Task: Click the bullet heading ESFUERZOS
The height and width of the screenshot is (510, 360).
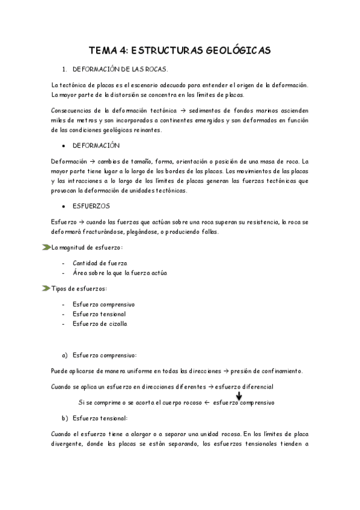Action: (x=91, y=206)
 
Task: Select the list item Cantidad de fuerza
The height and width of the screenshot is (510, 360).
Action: (x=100, y=263)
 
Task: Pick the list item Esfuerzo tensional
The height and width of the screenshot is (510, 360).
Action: (x=99, y=314)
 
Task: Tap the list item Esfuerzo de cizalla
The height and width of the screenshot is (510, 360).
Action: (x=100, y=324)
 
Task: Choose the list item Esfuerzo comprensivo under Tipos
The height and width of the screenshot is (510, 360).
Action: (x=103, y=304)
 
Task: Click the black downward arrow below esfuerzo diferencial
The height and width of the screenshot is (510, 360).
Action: (x=239, y=396)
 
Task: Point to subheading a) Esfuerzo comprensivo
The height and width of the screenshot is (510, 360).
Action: (x=99, y=355)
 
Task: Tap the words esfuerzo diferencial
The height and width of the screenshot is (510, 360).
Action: (x=243, y=386)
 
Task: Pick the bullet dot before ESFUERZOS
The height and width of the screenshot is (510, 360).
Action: (x=63, y=206)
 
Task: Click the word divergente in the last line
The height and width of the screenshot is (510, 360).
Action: (x=69, y=445)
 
